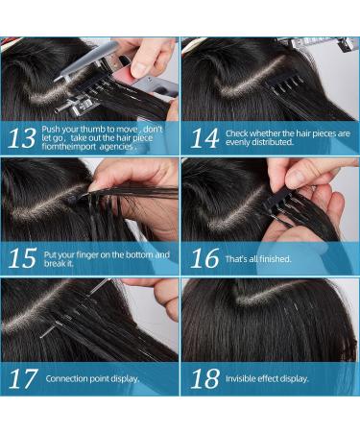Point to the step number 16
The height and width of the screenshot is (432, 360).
pyautogui.click(x=204, y=258)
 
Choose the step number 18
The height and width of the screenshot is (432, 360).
pyautogui.click(x=204, y=378)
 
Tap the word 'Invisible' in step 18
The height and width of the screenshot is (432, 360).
pyautogui.click(x=244, y=378)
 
